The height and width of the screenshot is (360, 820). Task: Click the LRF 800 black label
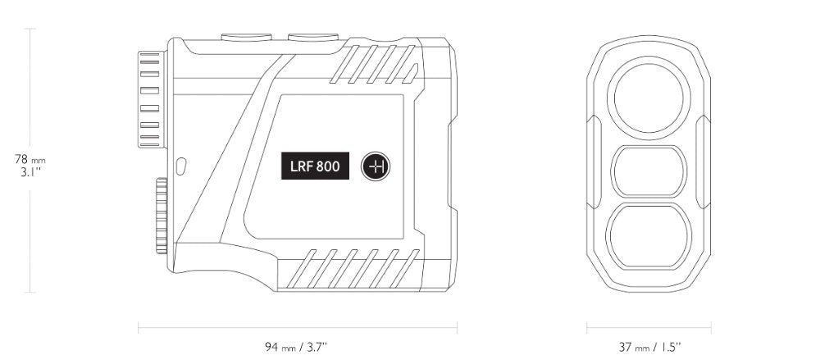[x=316, y=166]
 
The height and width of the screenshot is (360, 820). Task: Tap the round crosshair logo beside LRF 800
[x=376, y=166]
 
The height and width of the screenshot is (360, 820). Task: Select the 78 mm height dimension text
[x=30, y=160]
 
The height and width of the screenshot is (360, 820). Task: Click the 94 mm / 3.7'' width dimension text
[x=296, y=346]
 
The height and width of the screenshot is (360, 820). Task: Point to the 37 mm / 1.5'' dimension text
[x=649, y=346]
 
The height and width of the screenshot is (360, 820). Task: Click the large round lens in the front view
[x=649, y=98]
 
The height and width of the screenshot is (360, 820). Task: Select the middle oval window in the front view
[x=649, y=171]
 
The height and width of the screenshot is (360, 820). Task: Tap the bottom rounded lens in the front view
[x=649, y=236]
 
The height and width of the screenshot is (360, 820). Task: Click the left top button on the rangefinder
[x=246, y=37]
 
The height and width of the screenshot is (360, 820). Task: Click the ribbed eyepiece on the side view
[x=151, y=99]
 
